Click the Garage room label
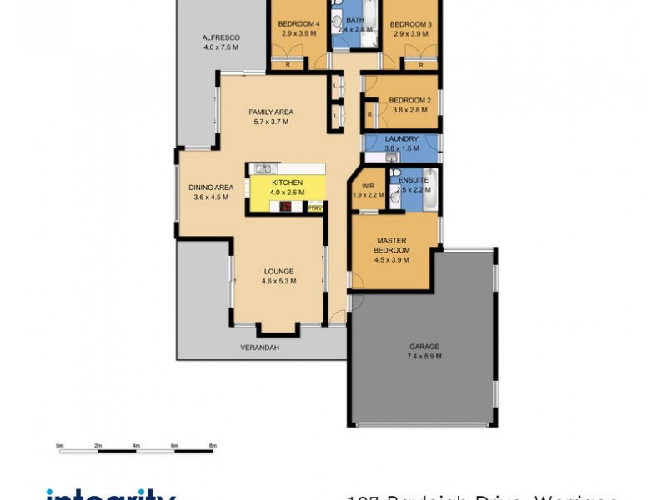click(x=424, y=347)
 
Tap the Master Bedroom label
click(x=391, y=246)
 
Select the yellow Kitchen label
click(x=286, y=182)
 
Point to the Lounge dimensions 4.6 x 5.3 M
click(x=278, y=281)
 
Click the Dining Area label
click(x=210, y=187)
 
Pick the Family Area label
click(x=271, y=112)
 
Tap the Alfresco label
click(x=221, y=37)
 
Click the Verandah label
click(x=259, y=347)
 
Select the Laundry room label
click(x=402, y=138)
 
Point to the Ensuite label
click(x=414, y=180)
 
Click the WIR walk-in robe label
click(x=367, y=185)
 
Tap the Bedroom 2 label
click(x=411, y=100)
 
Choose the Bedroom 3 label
click(x=410, y=23)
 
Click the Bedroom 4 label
click(x=298, y=23)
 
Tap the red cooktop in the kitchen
click(x=284, y=207)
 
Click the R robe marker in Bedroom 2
click(x=369, y=115)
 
